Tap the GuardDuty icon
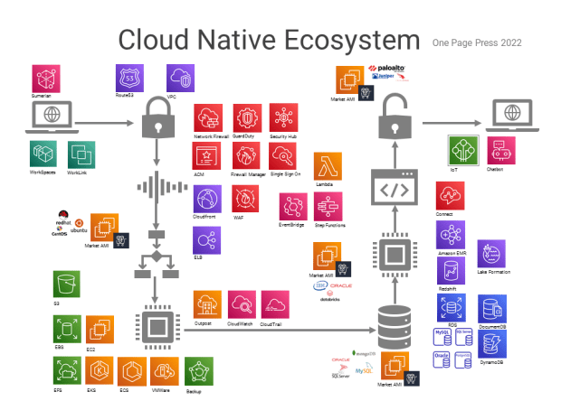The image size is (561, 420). pos(246,118)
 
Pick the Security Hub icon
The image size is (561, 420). pos(283,118)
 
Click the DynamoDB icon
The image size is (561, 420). pos(493,344)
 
